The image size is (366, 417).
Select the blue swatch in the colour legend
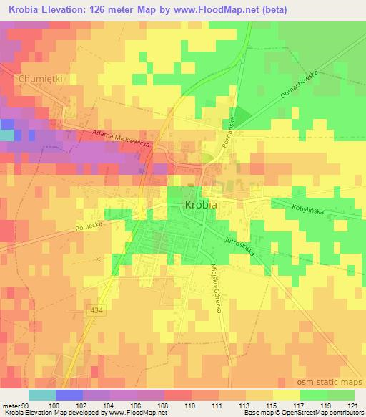(x=69, y=395)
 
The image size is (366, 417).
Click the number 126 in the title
(x=100, y=9)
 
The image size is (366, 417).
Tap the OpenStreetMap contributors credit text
(x=330, y=413)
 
